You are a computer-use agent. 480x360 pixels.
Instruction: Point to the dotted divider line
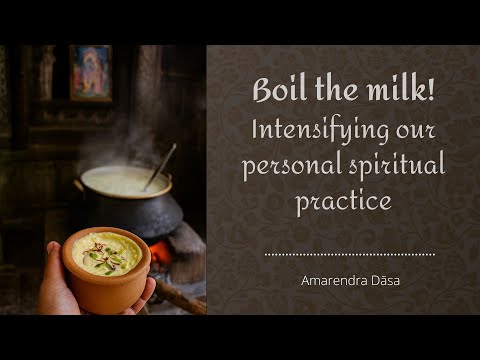(349, 254)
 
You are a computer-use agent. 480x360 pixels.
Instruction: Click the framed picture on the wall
(90, 72)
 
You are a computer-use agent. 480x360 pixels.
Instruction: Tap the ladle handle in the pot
(160, 165)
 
